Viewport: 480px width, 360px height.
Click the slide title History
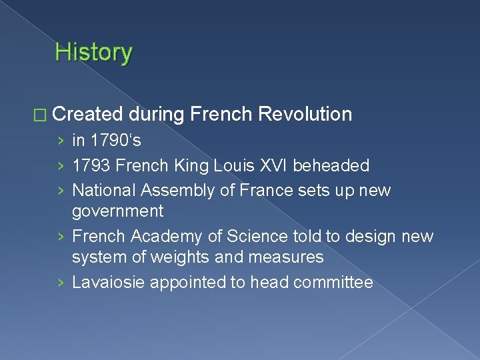94,52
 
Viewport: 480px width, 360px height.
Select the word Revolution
305,114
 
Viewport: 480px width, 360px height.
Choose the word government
117,211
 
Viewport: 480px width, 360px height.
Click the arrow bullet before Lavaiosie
61,282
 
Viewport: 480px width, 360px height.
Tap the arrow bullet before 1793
61,165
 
